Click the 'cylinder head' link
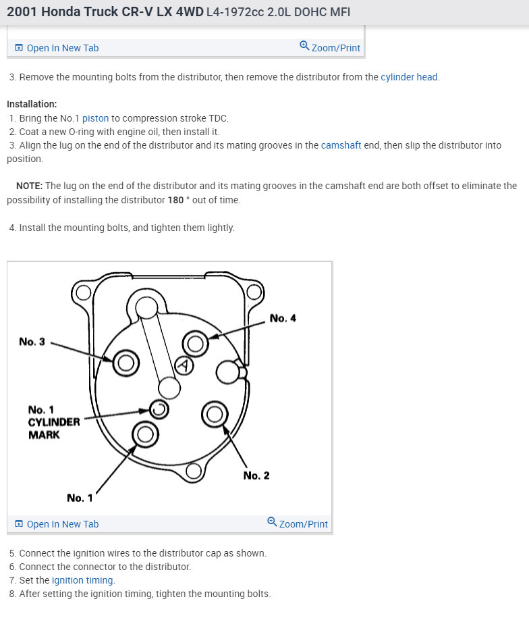point(409,77)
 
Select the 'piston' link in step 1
point(95,118)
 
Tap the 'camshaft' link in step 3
point(341,145)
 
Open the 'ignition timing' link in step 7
point(83,580)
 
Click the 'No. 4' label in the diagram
point(283,318)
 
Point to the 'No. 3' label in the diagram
point(32,342)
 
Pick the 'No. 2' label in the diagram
point(256,475)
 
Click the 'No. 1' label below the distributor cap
point(80,498)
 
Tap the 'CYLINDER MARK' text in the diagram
point(54,428)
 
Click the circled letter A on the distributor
point(184,365)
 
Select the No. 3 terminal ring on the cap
point(126,363)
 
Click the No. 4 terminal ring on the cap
point(196,344)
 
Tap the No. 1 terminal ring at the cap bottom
point(145,434)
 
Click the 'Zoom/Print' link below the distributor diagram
point(298,523)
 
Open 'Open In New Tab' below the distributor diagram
point(57,524)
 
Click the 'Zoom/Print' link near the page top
point(330,48)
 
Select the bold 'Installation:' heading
point(32,105)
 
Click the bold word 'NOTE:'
point(29,186)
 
